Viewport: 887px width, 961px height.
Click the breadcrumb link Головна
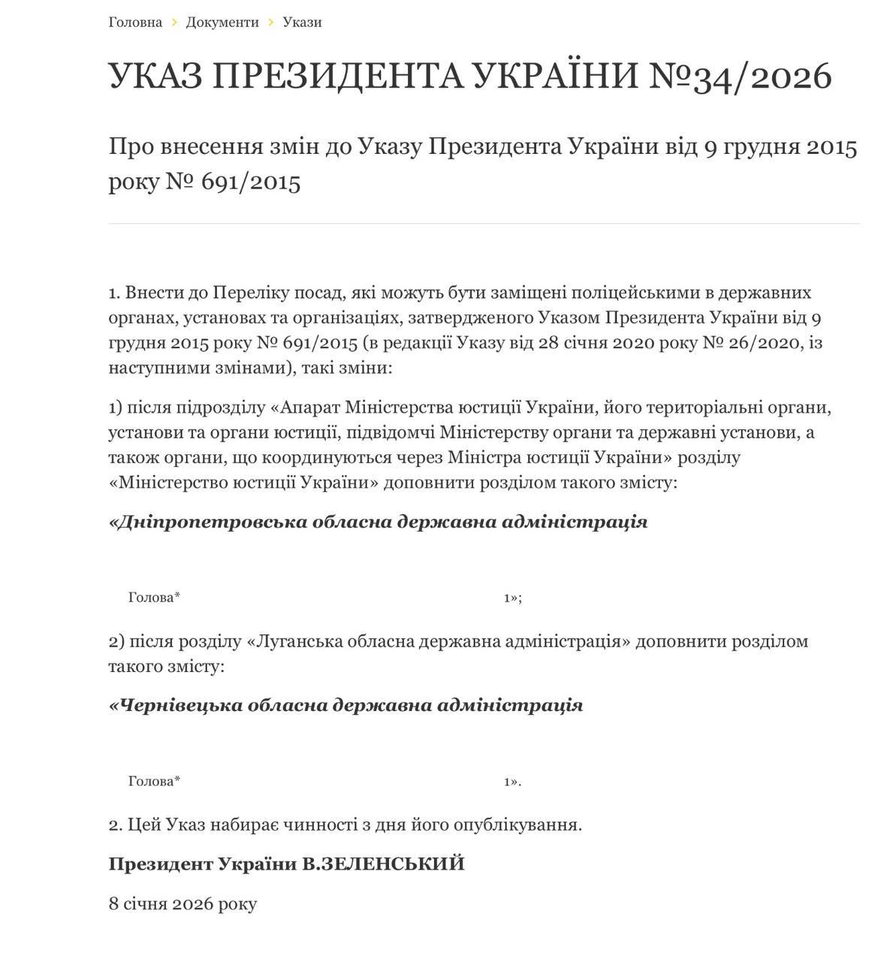pos(135,22)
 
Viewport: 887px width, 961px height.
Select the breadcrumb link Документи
pos(222,22)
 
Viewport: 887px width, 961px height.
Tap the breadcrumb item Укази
pos(302,22)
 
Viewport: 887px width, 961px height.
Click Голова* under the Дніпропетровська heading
pos(154,598)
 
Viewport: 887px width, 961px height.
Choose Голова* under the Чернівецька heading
pos(154,782)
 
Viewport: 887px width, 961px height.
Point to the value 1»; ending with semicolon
pos(512,598)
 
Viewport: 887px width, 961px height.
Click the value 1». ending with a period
pos(512,782)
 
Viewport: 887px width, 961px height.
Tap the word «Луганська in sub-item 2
pos(288,641)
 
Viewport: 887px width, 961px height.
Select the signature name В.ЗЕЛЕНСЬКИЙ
pos(383,864)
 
